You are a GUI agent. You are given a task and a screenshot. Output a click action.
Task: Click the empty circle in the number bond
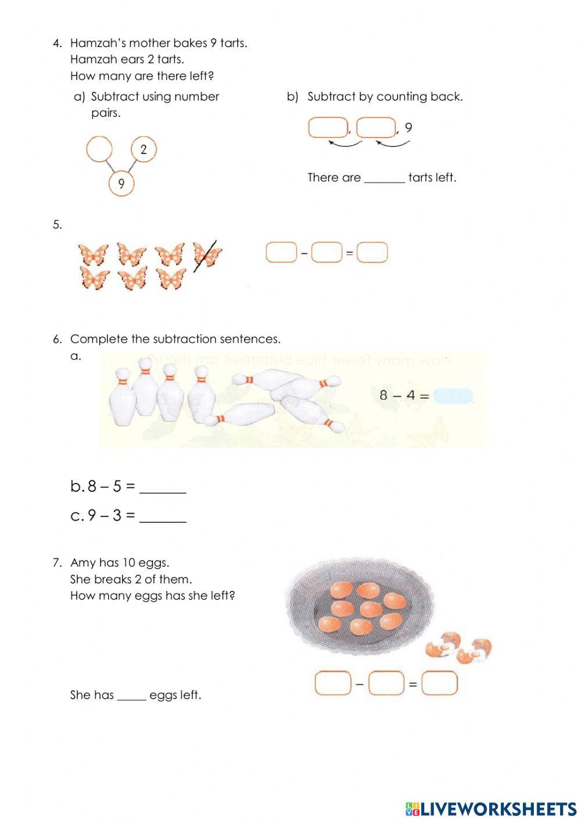pos(99,149)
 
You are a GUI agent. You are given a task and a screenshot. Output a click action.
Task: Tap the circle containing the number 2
pos(144,149)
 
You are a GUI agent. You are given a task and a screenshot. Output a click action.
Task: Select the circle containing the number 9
pos(121,184)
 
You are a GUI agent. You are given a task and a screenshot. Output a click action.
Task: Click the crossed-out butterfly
pos(207,254)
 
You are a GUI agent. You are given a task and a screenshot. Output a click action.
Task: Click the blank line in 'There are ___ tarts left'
pos(384,178)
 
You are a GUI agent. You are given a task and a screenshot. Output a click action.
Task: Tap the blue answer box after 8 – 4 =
pos(454,396)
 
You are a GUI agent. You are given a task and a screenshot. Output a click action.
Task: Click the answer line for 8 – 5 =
pos(163,487)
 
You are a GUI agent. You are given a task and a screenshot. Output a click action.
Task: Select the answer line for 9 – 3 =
pos(163,516)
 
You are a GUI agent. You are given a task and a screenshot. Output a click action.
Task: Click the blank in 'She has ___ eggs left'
pos(131,695)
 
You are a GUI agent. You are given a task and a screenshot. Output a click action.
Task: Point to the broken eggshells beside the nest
pos(458,648)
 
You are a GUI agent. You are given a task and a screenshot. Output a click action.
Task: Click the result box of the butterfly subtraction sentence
pos(372,253)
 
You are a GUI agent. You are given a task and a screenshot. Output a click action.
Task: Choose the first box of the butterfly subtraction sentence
pos(281,253)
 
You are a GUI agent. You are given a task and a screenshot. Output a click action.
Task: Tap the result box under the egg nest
pos(439,683)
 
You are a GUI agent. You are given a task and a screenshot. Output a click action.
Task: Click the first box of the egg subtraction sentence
pos(333,683)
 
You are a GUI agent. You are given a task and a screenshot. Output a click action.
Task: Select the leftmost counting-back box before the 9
pos(328,128)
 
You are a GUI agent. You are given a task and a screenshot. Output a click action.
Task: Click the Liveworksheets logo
pos(491,809)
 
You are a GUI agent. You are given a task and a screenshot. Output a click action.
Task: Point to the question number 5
pos(57,225)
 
